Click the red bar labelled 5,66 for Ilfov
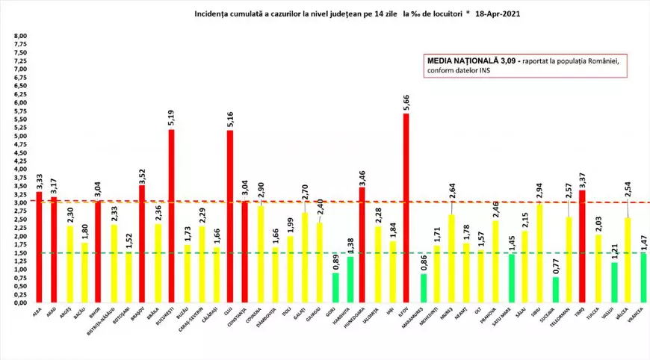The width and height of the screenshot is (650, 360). tap(406, 209)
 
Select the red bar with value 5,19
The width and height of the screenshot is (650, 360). tap(171, 217)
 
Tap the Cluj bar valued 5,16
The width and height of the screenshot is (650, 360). tap(229, 217)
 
